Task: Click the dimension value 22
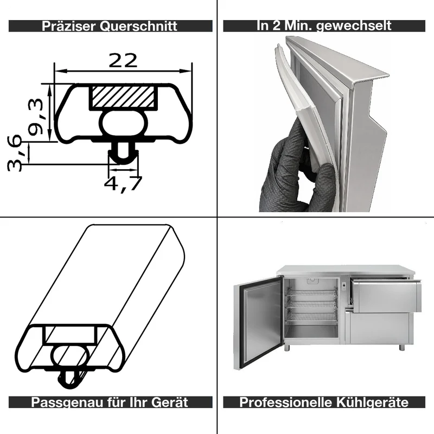(x=123, y=61)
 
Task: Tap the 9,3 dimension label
(x=36, y=117)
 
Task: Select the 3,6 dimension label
(x=14, y=153)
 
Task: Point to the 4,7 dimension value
(x=123, y=183)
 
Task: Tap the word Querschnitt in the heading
(x=138, y=26)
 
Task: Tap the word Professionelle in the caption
(x=285, y=402)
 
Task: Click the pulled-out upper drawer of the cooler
(x=386, y=295)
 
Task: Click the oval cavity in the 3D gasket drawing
(x=71, y=356)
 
